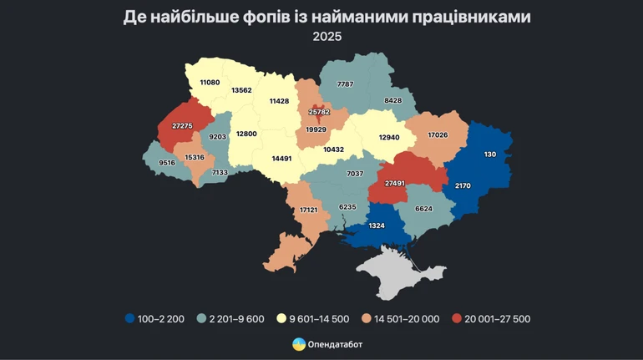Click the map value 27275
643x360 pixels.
pyautogui.click(x=182, y=125)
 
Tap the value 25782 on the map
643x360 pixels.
pyautogui.click(x=319, y=111)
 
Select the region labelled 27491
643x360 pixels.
pyautogui.click(x=395, y=183)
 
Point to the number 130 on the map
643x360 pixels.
pyautogui.click(x=489, y=154)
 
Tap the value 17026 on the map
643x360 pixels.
pyautogui.click(x=439, y=134)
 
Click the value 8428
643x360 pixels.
pyautogui.click(x=393, y=100)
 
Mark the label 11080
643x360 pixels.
pyautogui.click(x=210, y=82)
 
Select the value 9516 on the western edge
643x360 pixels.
pyautogui.click(x=167, y=163)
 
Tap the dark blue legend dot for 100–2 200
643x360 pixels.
pyautogui.click(x=129, y=318)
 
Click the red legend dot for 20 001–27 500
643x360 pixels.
pyautogui.click(x=456, y=318)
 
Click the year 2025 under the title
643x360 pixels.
pyautogui.click(x=327, y=37)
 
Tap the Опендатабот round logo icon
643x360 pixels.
pyautogui.click(x=298, y=344)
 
